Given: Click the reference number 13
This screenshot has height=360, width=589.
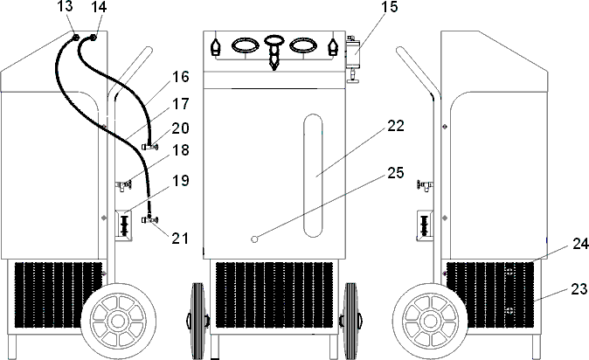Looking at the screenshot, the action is pyautogui.click(x=66, y=6).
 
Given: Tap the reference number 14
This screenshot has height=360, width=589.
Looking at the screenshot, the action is pyautogui.click(x=99, y=6).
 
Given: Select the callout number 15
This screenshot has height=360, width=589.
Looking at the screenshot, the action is pyautogui.click(x=389, y=7).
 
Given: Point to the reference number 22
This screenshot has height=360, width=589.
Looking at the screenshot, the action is pyautogui.click(x=396, y=126).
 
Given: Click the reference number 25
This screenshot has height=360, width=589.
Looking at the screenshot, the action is pyautogui.click(x=396, y=172).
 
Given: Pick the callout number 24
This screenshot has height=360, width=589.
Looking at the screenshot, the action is pyautogui.click(x=580, y=244).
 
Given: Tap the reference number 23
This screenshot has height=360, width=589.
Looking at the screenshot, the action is pyautogui.click(x=579, y=289).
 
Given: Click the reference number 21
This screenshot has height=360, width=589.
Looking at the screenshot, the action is pyautogui.click(x=179, y=239).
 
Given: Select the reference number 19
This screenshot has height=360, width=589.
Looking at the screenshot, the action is pyautogui.click(x=180, y=180).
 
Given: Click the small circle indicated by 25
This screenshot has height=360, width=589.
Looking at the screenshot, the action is pyautogui.click(x=254, y=239).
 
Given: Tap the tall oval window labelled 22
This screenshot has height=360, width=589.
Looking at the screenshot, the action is pyautogui.click(x=313, y=176).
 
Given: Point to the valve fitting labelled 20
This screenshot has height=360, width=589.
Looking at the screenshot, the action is pyautogui.click(x=150, y=146).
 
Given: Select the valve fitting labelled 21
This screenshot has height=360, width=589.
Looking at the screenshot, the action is pyautogui.click(x=150, y=218).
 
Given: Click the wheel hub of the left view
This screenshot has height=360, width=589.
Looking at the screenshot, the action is pyautogui.click(x=118, y=321).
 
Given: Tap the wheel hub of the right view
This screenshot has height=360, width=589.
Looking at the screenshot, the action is pyautogui.click(x=430, y=321).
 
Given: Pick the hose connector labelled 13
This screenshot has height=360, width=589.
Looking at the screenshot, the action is pyautogui.click(x=75, y=38).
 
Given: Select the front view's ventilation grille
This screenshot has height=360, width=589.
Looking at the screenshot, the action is pyautogui.click(x=274, y=294).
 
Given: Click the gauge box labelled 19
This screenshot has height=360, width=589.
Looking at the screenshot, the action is pyautogui.click(x=123, y=225).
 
